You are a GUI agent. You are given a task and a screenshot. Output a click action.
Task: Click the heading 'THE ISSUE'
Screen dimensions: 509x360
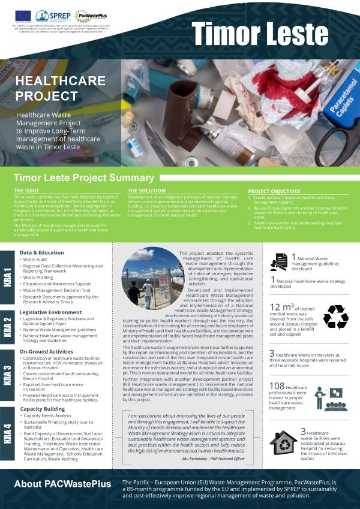26,191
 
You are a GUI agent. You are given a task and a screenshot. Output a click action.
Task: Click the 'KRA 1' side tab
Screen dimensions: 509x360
7,277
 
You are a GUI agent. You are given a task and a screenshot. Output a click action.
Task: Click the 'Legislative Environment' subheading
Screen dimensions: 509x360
50,312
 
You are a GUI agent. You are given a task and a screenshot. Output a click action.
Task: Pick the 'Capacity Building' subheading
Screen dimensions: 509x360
43,409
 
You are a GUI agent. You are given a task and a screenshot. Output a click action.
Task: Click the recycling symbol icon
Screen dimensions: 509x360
335,317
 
